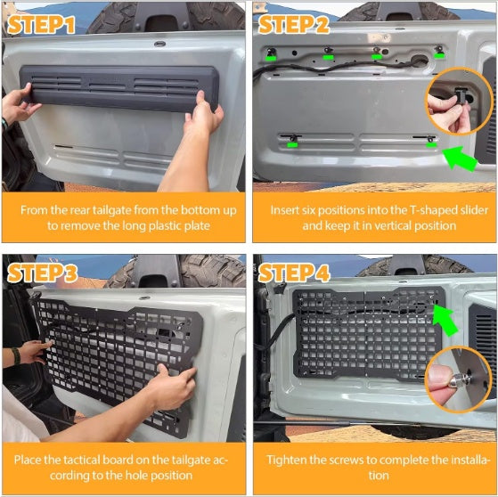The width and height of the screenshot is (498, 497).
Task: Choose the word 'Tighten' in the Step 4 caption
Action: (x=290, y=460)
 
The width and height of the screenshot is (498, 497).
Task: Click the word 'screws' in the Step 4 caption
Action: (x=348, y=460)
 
